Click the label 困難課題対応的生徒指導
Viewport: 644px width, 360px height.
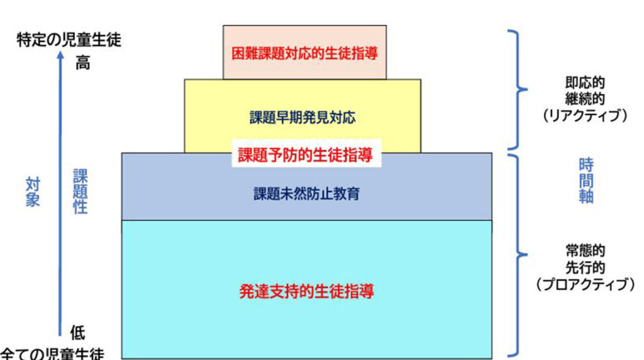coord(304,53)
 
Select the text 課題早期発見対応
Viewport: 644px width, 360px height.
coord(303,118)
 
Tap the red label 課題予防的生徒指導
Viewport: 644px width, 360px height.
coord(305,155)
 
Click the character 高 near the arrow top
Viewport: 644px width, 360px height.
coord(82,63)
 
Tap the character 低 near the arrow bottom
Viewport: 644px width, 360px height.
coord(77,333)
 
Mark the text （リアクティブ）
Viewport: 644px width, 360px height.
coord(585,116)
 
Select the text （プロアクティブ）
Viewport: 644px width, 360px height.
coord(585,284)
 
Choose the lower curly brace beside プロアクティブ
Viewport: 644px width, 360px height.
coord(519,255)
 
